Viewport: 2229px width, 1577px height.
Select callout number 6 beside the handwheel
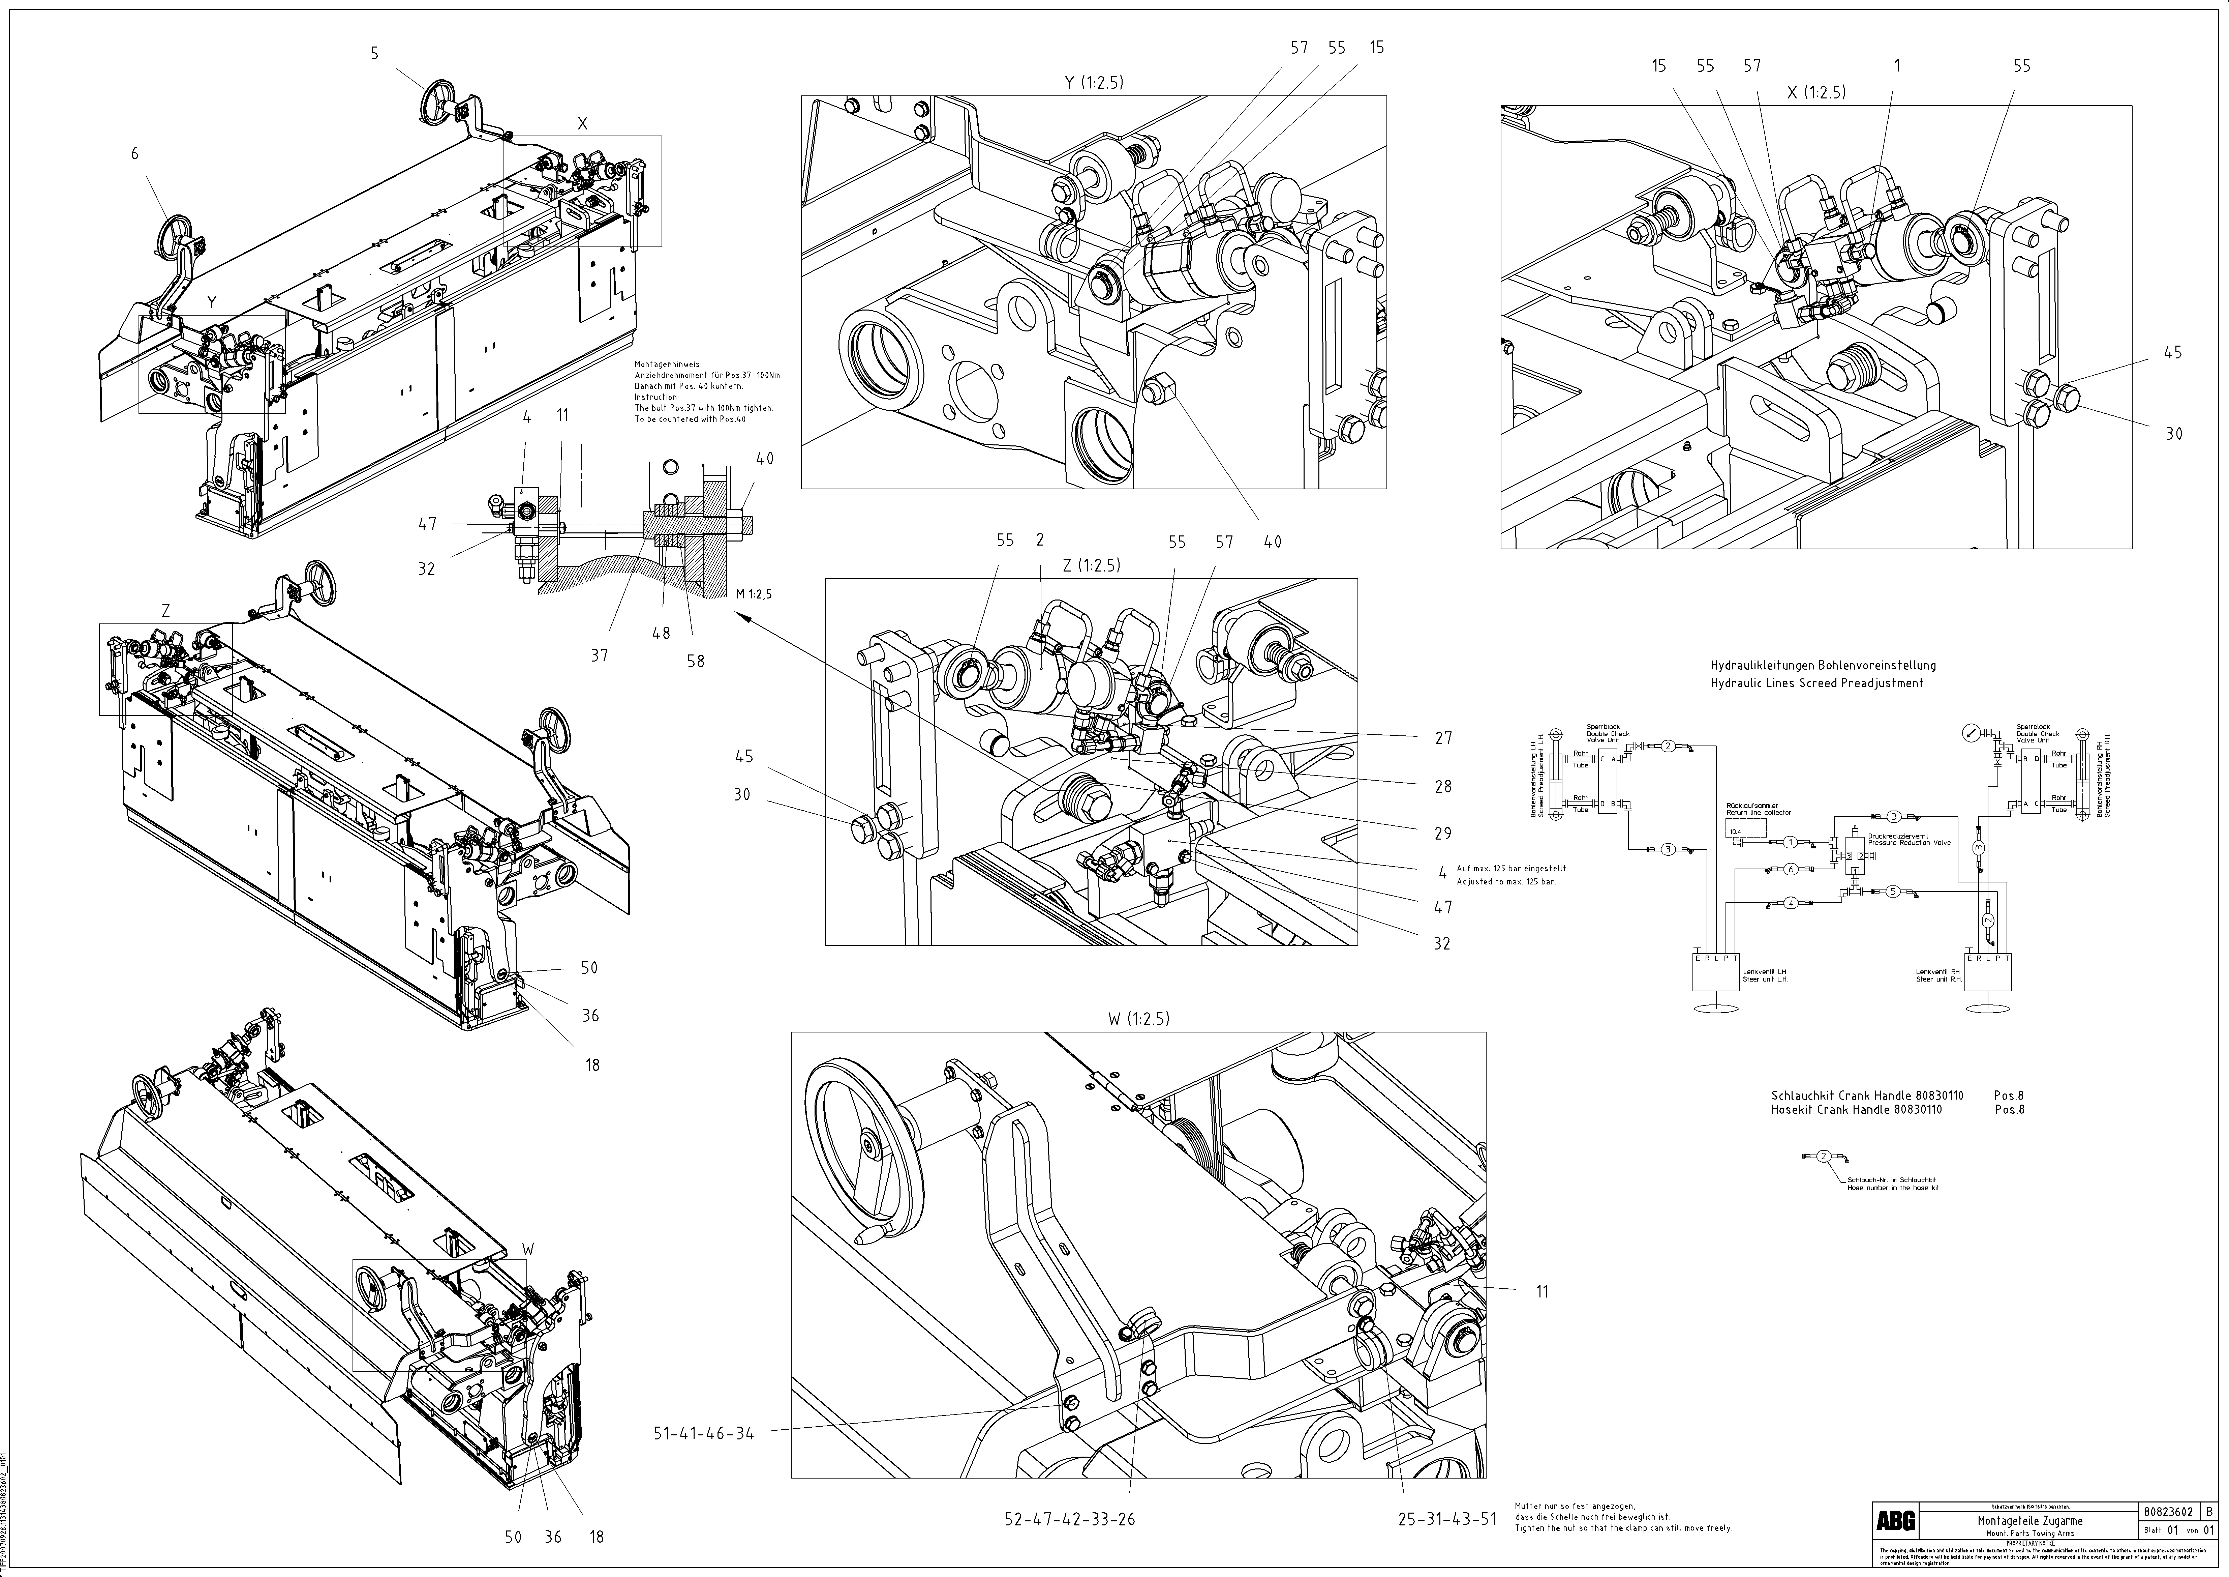point(135,153)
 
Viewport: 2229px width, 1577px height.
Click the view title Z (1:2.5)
point(1091,566)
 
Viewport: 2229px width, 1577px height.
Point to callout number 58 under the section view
point(695,661)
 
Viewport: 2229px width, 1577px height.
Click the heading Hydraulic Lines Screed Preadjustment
point(1816,683)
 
